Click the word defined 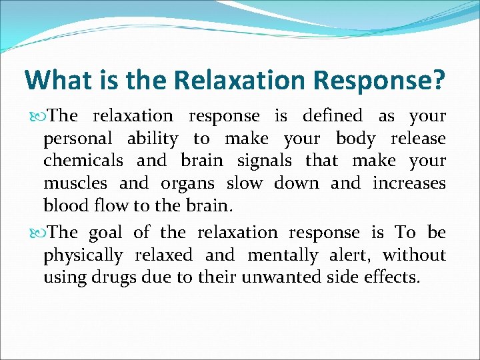click(333, 116)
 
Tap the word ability click(153, 139)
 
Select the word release click(418, 139)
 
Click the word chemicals click(83, 161)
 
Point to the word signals click(263, 161)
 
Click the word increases click(409, 183)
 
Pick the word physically click(83, 255)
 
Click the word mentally click(285, 255)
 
